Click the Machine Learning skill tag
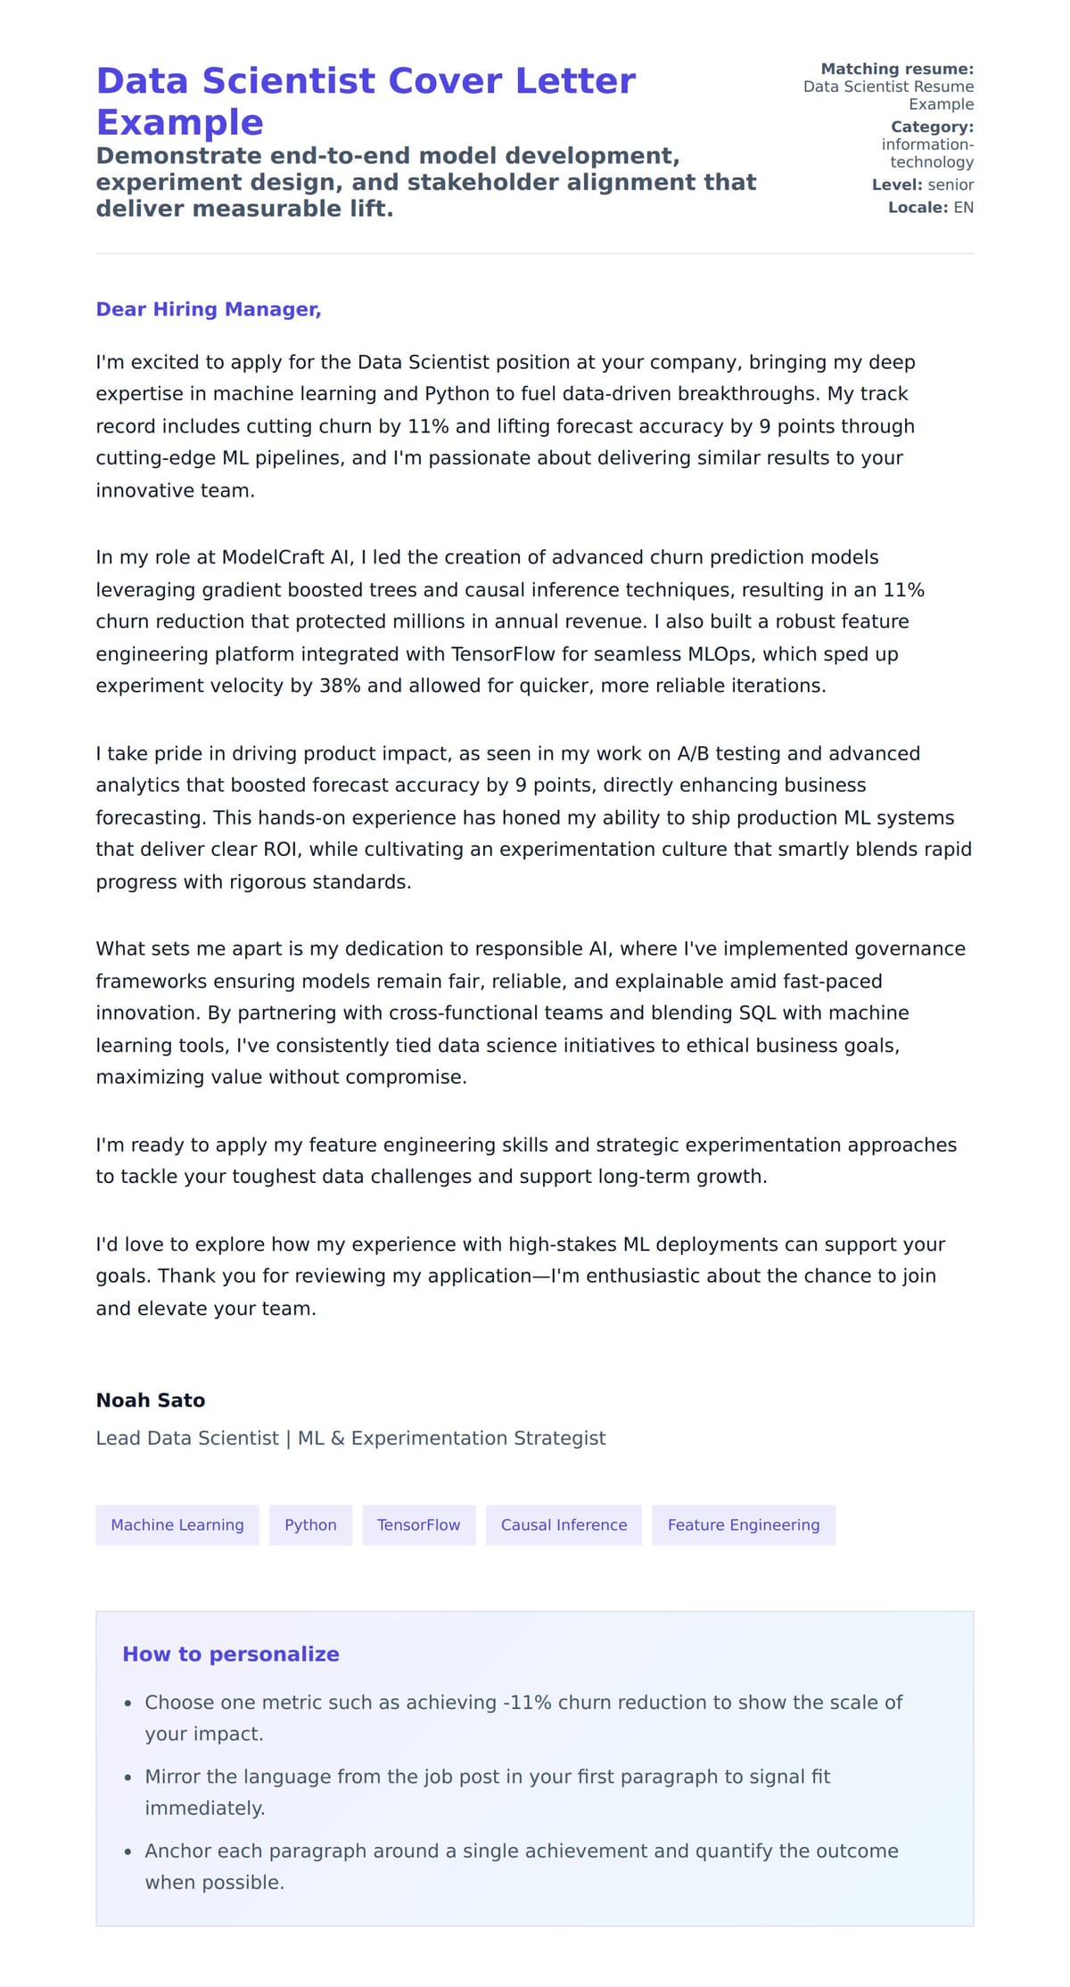coord(177,1524)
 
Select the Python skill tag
coord(310,1524)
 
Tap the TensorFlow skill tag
coord(418,1524)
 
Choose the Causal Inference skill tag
coord(564,1524)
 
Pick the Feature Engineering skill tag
coord(743,1524)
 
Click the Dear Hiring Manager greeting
coord(208,309)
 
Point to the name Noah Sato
coord(150,1400)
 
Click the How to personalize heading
coord(230,1654)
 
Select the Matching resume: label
coord(896,69)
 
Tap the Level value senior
coord(951,185)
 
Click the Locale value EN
coord(963,208)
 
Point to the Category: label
coord(932,127)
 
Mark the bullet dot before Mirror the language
coord(128,1777)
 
